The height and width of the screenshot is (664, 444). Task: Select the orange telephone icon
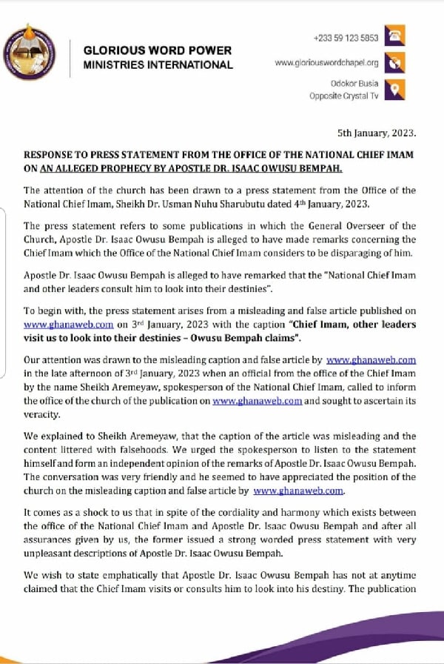click(x=396, y=36)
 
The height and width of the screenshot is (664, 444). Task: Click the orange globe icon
click(x=396, y=62)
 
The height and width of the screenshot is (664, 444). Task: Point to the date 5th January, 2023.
click(x=377, y=133)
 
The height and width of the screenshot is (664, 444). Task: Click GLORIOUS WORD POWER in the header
click(x=157, y=50)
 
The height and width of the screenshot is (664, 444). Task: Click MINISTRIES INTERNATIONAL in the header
click(x=158, y=64)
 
